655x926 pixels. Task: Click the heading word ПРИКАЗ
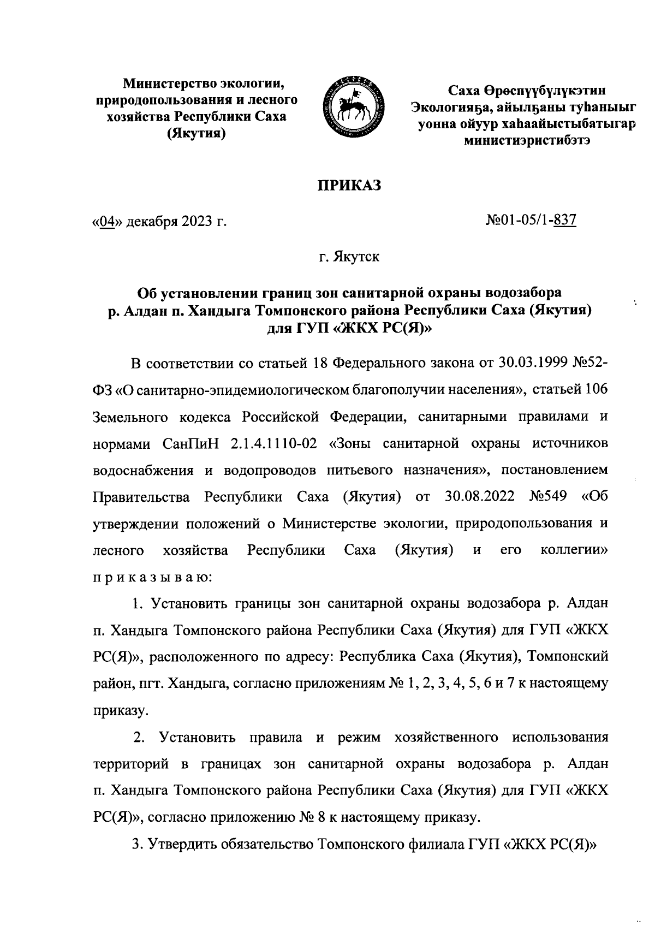pos(349,186)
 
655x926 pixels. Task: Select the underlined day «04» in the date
pos(109,222)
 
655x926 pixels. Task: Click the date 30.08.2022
pos(480,497)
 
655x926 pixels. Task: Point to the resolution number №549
pos(548,497)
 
